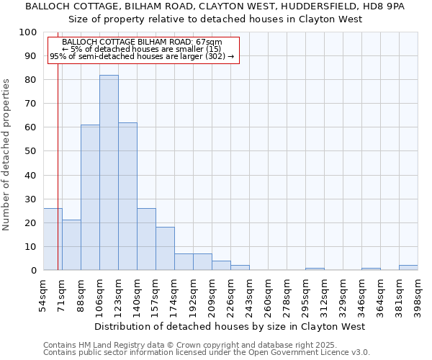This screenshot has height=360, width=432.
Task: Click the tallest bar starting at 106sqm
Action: point(109,173)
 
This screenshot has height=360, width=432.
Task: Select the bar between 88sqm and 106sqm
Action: point(90,197)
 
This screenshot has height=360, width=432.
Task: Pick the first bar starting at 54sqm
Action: point(53,239)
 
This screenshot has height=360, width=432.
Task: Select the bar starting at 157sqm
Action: point(165,248)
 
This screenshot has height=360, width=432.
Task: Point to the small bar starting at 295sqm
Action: point(315,269)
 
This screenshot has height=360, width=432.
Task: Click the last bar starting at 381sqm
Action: point(408,267)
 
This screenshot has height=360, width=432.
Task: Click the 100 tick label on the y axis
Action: point(28,32)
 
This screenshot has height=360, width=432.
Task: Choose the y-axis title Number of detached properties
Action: point(6,155)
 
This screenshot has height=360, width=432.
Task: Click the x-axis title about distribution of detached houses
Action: point(230,326)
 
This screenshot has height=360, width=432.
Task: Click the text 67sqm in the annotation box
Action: point(208,42)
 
